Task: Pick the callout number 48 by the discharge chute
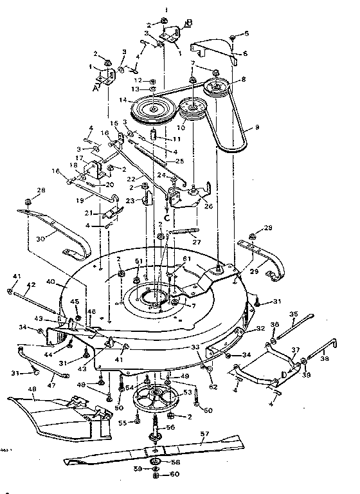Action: click(15, 390)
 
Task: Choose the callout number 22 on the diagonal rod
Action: click(130, 178)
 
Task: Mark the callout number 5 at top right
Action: click(246, 32)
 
